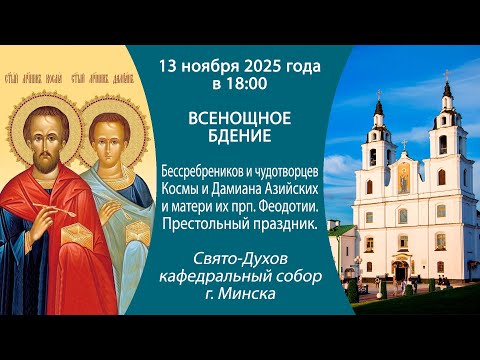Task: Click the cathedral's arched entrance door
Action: (x=400, y=270)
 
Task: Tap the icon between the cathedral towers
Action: (x=405, y=181)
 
